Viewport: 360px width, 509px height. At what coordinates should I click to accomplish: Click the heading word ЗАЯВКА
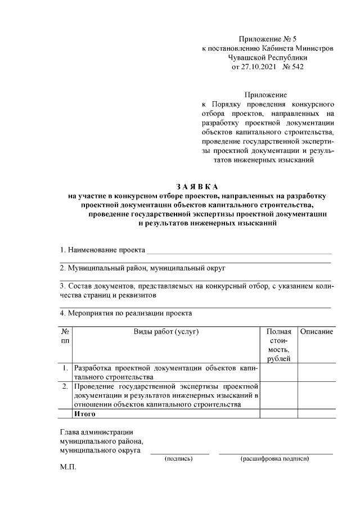196,187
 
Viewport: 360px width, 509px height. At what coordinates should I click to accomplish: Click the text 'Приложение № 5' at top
267,39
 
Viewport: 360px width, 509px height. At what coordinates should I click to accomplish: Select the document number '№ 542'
292,66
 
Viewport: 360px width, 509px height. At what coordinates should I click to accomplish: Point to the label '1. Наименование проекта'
102,249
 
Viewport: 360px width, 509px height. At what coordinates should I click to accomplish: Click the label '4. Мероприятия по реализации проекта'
126,313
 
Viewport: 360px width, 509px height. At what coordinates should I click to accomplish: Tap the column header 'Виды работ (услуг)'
166,332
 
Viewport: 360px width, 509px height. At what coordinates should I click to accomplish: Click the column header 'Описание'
316,332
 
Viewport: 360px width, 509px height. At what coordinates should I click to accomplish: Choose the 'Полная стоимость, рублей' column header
278,345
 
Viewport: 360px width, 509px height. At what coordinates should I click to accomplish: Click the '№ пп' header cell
65,336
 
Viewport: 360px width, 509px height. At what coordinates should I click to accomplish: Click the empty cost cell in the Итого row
278,414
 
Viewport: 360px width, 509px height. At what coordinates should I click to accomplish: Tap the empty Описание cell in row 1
316,372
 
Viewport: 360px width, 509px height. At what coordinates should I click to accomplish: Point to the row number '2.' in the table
65,386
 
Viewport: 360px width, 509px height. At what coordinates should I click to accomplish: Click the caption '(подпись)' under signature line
178,459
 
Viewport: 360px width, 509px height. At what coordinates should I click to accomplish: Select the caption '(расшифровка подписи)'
275,459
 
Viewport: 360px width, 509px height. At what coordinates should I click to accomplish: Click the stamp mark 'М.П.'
68,467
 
